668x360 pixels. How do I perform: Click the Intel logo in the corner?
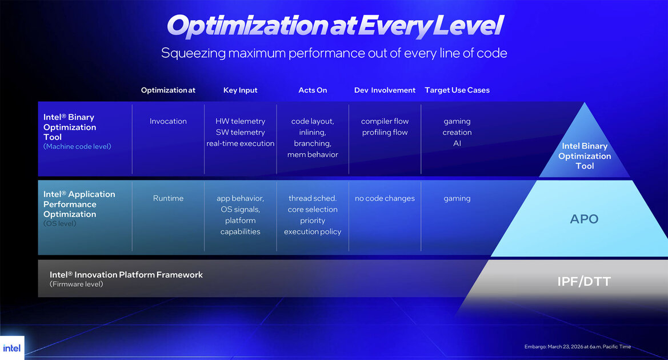point(11,348)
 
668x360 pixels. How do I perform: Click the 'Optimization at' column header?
point(168,90)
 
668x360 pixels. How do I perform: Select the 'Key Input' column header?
point(240,90)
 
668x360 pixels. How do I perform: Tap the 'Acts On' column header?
point(313,90)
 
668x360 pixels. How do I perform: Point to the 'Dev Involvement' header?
point(385,90)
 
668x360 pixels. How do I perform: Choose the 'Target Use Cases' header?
point(457,90)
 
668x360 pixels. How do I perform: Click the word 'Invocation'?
point(168,121)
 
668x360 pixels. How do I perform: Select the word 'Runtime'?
point(168,198)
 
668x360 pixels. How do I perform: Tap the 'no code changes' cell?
point(385,198)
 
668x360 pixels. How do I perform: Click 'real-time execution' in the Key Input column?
point(240,143)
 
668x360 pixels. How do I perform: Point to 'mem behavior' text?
point(313,155)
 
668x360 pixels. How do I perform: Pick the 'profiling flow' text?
point(385,133)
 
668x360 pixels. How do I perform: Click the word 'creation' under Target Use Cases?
point(457,133)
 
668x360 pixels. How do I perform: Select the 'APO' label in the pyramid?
point(584,219)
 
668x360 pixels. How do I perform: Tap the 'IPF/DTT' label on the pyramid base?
point(584,282)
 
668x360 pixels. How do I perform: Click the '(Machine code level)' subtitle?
point(77,146)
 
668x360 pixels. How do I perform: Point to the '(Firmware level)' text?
point(76,284)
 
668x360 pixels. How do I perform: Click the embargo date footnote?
point(578,347)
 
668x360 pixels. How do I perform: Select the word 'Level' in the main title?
point(469,26)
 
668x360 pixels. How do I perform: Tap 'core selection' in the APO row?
point(313,210)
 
